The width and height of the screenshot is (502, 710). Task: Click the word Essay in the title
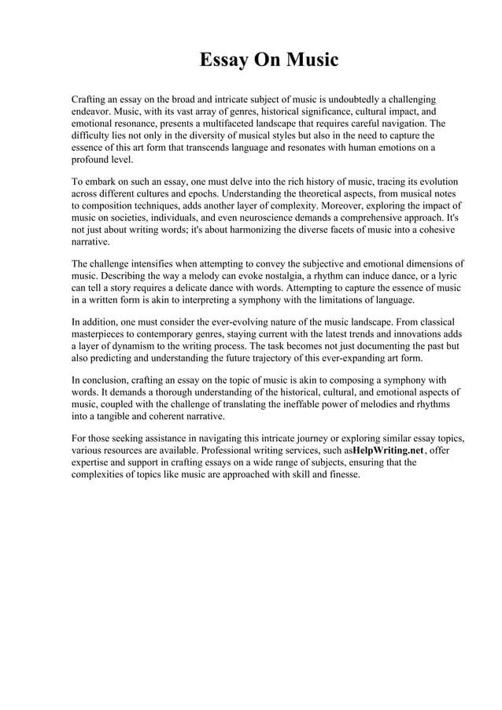(223, 60)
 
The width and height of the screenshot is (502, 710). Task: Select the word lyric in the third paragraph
(444, 276)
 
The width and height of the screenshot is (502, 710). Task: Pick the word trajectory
(294, 358)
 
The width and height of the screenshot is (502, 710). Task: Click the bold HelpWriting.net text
(389, 451)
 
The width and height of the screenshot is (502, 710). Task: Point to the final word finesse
(342, 474)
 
